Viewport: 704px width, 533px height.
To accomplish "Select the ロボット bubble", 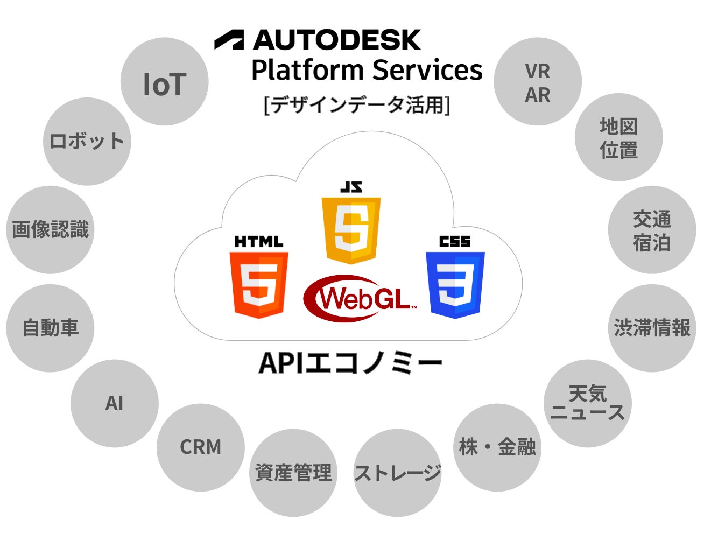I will pyautogui.click(x=87, y=142).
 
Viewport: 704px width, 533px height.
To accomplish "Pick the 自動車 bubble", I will pyautogui.click(x=50, y=328).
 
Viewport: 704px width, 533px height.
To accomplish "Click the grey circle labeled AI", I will pyautogui.click(x=115, y=403).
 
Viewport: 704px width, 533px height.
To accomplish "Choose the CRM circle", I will pyautogui.click(x=200, y=447).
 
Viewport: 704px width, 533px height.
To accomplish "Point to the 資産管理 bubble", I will pyautogui.click(x=293, y=473).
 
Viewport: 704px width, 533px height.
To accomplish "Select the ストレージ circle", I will pyautogui.click(x=398, y=473).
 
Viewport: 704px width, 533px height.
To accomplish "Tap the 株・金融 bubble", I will pyautogui.click(x=497, y=447).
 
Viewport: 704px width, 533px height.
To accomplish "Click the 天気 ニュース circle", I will pyautogui.click(x=587, y=403).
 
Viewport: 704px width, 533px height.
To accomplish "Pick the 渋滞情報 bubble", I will pyautogui.click(x=652, y=328).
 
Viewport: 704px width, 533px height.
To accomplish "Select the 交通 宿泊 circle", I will pyautogui.click(x=652, y=230).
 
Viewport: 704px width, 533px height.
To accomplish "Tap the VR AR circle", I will pyautogui.click(x=538, y=82).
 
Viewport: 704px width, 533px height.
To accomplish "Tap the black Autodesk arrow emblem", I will pyautogui.click(x=229, y=40).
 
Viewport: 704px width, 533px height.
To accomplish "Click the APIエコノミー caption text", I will pyautogui.click(x=351, y=363).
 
